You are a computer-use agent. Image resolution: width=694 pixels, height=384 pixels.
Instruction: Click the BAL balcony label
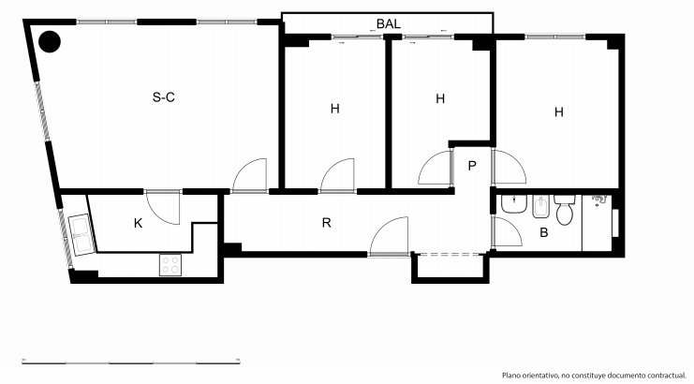pyautogui.click(x=388, y=24)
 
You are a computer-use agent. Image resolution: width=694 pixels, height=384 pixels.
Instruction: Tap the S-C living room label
pyautogui.click(x=164, y=96)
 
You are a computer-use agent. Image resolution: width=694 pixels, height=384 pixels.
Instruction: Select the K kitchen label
pyautogui.click(x=138, y=224)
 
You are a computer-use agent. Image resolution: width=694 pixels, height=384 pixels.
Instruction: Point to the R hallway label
pyautogui.click(x=326, y=223)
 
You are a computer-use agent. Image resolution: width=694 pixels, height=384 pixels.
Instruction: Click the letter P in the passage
pyautogui.click(x=472, y=166)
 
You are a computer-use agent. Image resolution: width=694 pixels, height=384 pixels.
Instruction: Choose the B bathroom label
pyautogui.click(x=544, y=232)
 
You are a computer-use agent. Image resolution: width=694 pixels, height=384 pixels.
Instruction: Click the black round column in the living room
pyautogui.click(x=50, y=41)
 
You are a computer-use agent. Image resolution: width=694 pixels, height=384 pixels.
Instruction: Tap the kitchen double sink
pyautogui.click(x=81, y=235)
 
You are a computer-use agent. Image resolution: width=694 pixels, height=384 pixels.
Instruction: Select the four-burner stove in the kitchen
pyautogui.click(x=170, y=264)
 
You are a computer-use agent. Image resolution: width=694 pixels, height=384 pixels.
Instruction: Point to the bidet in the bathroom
pyautogui.click(x=540, y=206)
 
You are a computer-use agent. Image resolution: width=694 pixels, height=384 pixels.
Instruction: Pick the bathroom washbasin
pyautogui.click(x=513, y=204)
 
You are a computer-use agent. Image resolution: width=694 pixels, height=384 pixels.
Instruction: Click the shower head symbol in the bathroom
pyautogui.click(x=598, y=200)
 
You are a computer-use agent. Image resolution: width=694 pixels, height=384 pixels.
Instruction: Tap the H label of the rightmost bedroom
pyautogui.click(x=559, y=112)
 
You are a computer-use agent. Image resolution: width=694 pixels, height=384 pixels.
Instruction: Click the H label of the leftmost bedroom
pyautogui.click(x=335, y=109)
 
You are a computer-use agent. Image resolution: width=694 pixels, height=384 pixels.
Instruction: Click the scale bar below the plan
pyautogui.click(x=131, y=362)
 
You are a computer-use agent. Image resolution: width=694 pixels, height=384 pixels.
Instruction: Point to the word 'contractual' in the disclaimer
pyautogui.click(x=665, y=376)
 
